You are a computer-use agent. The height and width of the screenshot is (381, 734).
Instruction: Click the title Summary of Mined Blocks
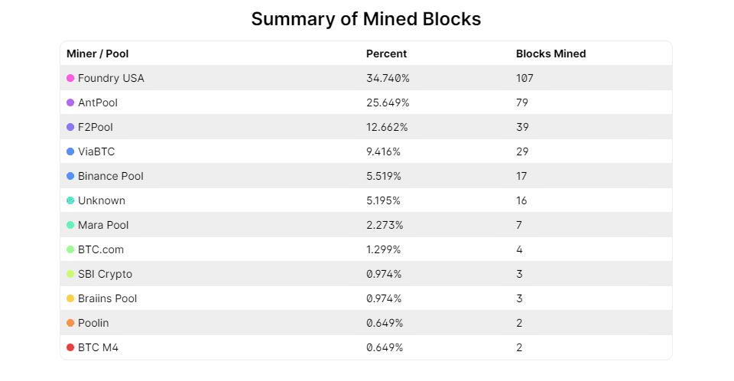pyautogui.click(x=366, y=19)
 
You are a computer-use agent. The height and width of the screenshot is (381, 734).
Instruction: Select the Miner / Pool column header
pyautogui.click(x=97, y=54)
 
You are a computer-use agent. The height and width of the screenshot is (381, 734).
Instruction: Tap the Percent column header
pyautogui.click(x=386, y=54)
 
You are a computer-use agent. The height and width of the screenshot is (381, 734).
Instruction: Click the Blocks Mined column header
pyautogui.click(x=550, y=54)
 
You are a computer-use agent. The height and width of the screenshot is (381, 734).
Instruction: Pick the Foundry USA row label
pyautogui.click(x=111, y=78)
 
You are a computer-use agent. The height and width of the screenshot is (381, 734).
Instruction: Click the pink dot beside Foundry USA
pyautogui.click(x=70, y=78)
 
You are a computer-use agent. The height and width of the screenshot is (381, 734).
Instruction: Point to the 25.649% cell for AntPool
pyautogui.click(x=388, y=103)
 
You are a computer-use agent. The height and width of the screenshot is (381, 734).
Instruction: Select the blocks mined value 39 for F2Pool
pyautogui.click(x=522, y=127)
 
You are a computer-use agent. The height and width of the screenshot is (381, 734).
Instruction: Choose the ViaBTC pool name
pyautogui.click(x=96, y=151)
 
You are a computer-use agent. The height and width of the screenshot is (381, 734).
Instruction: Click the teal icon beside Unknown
pyautogui.click(x=70, y=200)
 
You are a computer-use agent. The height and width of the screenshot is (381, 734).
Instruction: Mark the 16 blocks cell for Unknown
pyautogui.click(x=521, y=200)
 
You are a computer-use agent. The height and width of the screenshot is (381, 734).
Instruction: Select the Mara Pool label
pyautogui.click(x=103, y=225)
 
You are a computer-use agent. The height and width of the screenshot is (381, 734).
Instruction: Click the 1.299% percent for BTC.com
pyautogui.click(x=385, y=249)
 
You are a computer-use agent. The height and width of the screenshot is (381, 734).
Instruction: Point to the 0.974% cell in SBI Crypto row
pyautogui.click(x=385, y=274)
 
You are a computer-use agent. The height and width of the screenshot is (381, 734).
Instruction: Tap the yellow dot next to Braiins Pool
pyautogui.click(x=70, y=298)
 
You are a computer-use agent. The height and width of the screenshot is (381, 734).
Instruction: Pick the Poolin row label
pyautogui.click(x=93, y=323)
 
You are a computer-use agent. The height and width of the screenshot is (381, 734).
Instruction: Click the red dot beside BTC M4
pyautogui.click(x=70, y=347)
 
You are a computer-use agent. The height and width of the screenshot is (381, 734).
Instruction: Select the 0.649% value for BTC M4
pyautogui.click(x=385, y=347)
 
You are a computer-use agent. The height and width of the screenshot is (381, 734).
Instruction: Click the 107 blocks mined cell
pyautogui.click(x=525, y=78)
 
